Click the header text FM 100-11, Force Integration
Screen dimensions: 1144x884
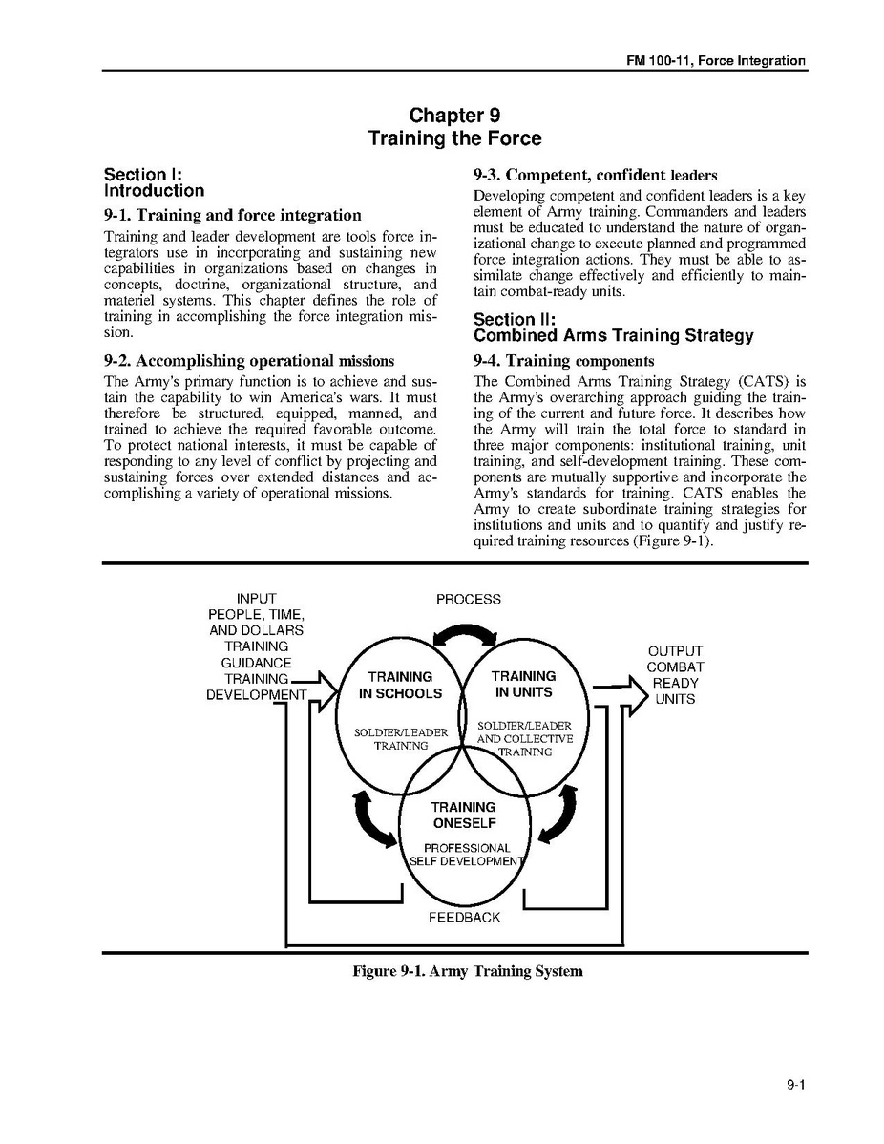click(x=715, y=61)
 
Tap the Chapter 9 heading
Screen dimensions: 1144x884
click(x=454, y=117)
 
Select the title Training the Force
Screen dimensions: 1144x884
click(x=454, y=139)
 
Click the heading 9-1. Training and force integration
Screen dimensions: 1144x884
click(x=232, y=215)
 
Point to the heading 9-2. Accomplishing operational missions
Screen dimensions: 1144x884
click(x=248, y=361)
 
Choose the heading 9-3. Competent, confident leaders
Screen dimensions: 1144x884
click(x=595, y=175)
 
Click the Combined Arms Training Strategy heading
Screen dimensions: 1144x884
click(x=613, y=336)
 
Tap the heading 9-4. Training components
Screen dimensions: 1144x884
click(x=563, y=361)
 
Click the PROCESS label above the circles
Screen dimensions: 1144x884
click(x=468, y=600)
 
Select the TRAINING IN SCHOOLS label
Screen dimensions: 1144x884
click(x=400, y=686)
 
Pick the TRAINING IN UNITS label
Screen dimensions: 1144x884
click(x=523, y=684)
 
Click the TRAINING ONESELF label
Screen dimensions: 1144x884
click(x=463, y=816)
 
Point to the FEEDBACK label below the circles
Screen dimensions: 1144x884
click(x=464, y=918)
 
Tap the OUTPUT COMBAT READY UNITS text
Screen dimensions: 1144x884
click(x=675, y=675)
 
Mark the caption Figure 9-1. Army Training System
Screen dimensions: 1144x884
click(x=467, y=972)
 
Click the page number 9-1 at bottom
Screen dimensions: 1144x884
click(x=797, y=1085)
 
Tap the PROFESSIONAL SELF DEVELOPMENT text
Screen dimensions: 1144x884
click(x=467, y=855)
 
